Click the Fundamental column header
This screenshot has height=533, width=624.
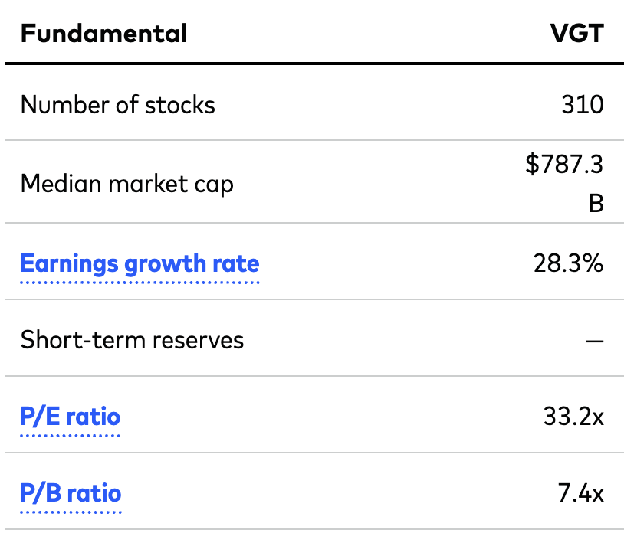click(x=103, y=34)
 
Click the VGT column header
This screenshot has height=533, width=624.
click(x=576, y=34)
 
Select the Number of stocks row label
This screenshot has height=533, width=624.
click(x=117, y=105)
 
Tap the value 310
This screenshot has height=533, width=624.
click(x=583, y=105)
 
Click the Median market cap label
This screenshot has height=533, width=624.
click(x=126, y=184)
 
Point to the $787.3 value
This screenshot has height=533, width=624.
click(x=564, y=165)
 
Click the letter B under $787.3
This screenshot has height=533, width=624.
click(x=596, y=204)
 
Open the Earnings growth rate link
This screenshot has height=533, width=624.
click(x=140, y=264)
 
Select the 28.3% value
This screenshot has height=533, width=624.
click(x=568, y=264)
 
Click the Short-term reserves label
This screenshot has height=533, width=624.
click(x=132, y=339)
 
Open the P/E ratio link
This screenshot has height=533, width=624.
click(x=70, y=417)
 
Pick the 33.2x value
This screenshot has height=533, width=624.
click(x=573, y=417)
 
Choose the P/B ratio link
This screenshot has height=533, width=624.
click(x=71, y=494)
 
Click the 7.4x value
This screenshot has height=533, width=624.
click(x=580, y=494)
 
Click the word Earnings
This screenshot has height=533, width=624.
click(x=69, y=264)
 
